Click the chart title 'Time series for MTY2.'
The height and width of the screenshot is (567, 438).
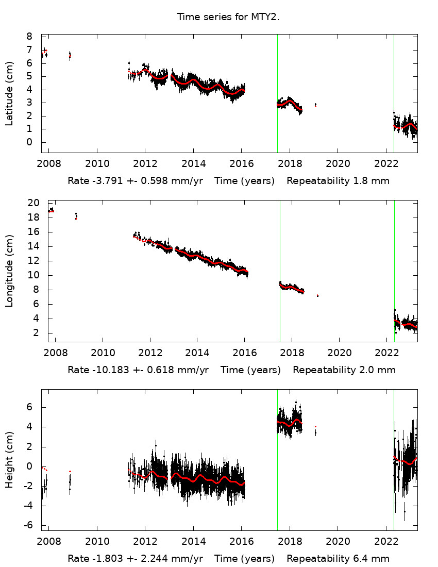[x=228, y=17]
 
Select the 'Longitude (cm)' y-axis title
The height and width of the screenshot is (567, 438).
[x=9, y=272]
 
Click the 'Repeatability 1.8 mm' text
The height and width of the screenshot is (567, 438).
[x=338, y=181]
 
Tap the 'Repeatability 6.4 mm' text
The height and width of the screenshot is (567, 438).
[x=338, y=559]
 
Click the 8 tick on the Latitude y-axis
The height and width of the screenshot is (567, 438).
[x=29, y=37]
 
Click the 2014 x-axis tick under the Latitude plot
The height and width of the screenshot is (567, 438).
[x=193, y=164]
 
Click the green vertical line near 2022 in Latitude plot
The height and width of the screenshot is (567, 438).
[x=394, y=93]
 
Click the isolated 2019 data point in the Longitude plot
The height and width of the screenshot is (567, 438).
[x=317, y=295]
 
